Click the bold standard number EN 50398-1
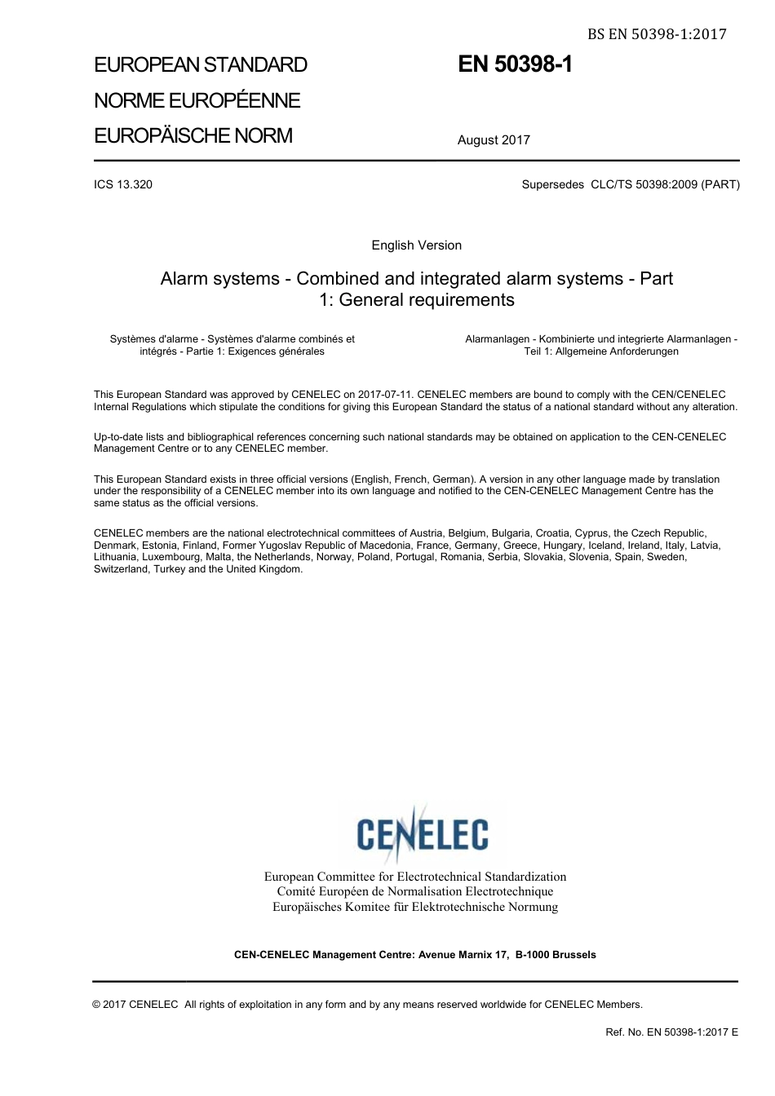[x=515, y=64]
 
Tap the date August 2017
[x=494, y=140]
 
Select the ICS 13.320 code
[x=123, y=184]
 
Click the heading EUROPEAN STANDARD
[x=201, y=65]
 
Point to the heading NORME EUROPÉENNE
[x=197, y=100]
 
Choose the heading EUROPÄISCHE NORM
[x=193, y=135]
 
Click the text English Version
[x=416, y=245]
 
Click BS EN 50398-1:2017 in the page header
[x=657, y=34]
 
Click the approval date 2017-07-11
[x=384, y=395]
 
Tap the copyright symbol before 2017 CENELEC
[x=97, y=1005]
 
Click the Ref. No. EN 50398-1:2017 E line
[x=671, y=1032]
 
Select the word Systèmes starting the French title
[x=131, y=339]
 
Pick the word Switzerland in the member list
[x=122, y=569]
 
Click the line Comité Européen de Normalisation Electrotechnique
[x=414, y=891]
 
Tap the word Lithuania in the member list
[x=115, y=557]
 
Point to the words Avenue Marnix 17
[x=462, y=955]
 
